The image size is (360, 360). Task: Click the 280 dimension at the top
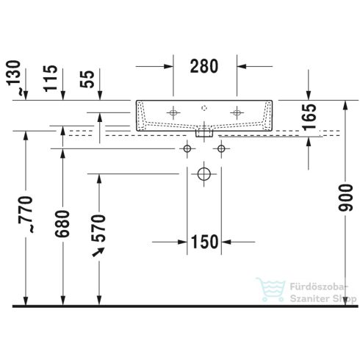[204, 66]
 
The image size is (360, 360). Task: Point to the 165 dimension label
[309, 115]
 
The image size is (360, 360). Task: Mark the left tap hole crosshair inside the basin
[173, 112]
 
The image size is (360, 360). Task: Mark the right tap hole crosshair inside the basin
[237, 112]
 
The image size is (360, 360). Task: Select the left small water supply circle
[187, 149]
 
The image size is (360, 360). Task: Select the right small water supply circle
[220, 149]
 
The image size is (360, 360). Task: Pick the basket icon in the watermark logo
[264, 289]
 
